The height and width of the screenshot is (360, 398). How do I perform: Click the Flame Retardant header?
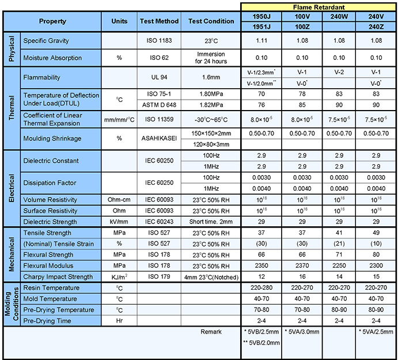point(319,7)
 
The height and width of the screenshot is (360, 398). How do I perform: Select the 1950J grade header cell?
point(261,17)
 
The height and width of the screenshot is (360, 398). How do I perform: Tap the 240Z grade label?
point(376,26)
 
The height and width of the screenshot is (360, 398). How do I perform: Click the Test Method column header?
point(159,21)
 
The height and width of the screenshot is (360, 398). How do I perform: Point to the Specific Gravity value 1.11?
point(261,40)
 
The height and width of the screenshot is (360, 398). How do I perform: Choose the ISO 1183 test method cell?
point(159,40)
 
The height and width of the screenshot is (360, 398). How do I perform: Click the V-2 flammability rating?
point(339,72)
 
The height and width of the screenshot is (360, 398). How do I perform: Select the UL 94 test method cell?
point(159,77)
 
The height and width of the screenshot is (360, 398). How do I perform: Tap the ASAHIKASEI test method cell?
point(159,138)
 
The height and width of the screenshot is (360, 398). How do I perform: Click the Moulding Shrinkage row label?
point(52,138)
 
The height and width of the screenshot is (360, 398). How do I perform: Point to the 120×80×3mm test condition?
point(211,145)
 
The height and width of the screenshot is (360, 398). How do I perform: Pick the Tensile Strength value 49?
point(376,233)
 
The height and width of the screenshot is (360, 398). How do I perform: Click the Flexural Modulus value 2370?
point(302,266)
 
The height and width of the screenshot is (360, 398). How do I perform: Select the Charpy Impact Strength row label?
point(58,276)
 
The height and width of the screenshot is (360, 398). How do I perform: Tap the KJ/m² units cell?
point(119,276)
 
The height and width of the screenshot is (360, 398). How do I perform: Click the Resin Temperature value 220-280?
point(261,287)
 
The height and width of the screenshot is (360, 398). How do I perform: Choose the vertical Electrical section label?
point(12,188)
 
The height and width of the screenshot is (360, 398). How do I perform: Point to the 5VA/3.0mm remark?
point(302,332)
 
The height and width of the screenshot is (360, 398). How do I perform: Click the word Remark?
point(211,332)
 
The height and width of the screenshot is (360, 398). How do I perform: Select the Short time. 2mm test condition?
point(211,222)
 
